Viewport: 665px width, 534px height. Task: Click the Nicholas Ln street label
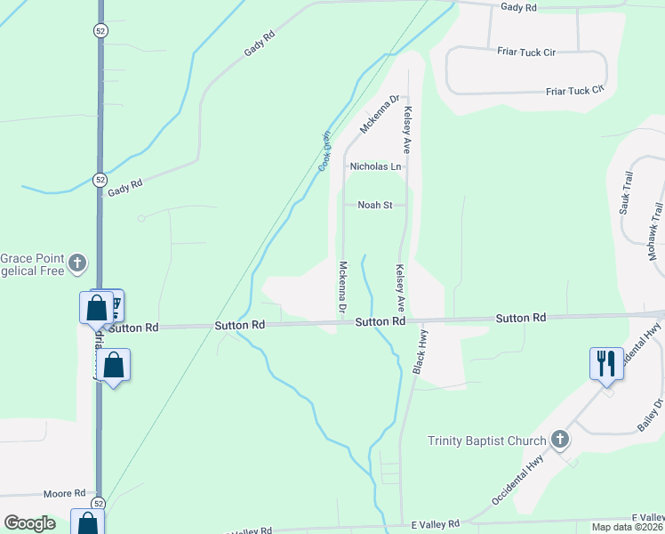pyautogui.click(x=375, y=166)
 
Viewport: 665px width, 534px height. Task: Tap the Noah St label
pyautogui.click(x=374, y=206)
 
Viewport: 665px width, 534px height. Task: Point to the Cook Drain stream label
pyautogui.click(x=324, y=152)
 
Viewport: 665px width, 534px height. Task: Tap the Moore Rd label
pyautogui.click(x=68, y=493)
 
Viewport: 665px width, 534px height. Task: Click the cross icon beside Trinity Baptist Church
pyautogui.click(x=559, y=439)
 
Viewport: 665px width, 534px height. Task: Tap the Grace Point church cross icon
pyautogui.click(x=78, y=263)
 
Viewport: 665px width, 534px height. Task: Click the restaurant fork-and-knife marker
pyautogui.click(x=606, y=363)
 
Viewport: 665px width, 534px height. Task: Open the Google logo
pyautogui.click(x=30, y=523)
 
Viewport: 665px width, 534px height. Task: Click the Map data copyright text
pyautogui.click(x=626, y=527)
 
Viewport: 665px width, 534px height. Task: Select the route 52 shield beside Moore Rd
pyautogui.click(x=97, y=504)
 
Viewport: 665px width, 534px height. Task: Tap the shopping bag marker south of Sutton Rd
pyautogui.click(x=114, y=365)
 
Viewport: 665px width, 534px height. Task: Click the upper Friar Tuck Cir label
pyautogui.click(x=525, y=53)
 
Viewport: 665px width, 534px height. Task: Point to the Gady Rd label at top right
pyautogui.click(x=519, y=7)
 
